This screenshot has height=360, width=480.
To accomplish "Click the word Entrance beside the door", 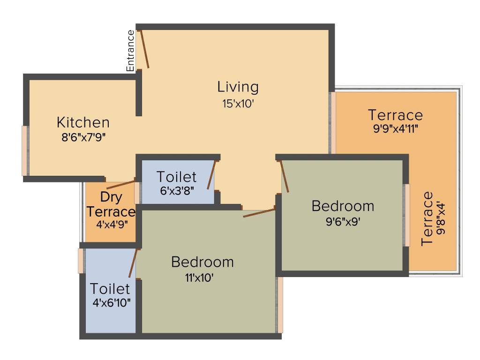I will point(131,51).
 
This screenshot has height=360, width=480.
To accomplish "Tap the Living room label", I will point(238,87).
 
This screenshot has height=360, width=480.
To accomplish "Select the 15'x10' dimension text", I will point(238,104).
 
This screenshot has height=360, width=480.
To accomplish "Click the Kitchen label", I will point(83,123).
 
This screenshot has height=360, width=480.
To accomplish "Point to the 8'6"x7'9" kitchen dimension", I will point(83,138).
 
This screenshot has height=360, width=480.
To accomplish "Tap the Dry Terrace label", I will point(111,204).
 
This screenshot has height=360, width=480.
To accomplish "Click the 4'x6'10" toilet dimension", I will point(111,302).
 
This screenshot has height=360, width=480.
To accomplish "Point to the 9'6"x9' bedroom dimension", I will point(343,221).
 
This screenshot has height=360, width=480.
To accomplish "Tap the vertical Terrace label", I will point(427,218).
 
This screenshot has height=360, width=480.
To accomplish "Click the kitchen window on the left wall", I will point(25,151).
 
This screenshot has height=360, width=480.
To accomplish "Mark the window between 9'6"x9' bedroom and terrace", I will point(407,215).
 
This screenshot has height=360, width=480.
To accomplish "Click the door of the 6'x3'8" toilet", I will point(212,174).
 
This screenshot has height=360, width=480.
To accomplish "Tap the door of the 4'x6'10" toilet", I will point(133,263).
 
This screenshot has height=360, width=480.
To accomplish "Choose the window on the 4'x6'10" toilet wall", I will point(81,261).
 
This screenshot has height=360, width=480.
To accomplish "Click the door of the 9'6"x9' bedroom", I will point(284,177).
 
